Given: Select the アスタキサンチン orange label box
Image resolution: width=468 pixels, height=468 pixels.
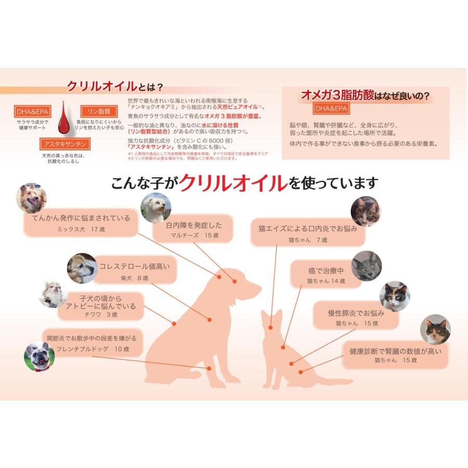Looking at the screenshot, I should (66, 144).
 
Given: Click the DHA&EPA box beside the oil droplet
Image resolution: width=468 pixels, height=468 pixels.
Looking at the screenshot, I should (31, 111).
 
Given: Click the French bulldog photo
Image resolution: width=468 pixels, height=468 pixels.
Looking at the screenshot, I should (40, 357).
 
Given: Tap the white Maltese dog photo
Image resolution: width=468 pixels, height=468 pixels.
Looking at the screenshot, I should (155, 209).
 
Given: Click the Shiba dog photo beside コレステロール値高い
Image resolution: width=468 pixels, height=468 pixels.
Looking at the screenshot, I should (82, 268).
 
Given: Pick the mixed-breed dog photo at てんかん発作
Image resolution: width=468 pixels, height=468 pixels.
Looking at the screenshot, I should (32, 198).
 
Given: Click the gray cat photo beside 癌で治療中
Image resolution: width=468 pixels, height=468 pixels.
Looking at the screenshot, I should (366, 266).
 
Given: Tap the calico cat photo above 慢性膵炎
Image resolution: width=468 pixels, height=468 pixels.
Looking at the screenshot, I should (394, 296).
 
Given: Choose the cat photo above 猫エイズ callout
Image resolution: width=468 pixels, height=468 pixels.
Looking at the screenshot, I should (366, 211).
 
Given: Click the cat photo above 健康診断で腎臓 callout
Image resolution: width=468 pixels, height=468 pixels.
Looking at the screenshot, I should (435, 329).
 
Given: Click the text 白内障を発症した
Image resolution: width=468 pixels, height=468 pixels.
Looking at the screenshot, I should (194, 225).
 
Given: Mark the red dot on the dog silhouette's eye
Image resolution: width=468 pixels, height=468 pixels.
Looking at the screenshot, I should (235, 281).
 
